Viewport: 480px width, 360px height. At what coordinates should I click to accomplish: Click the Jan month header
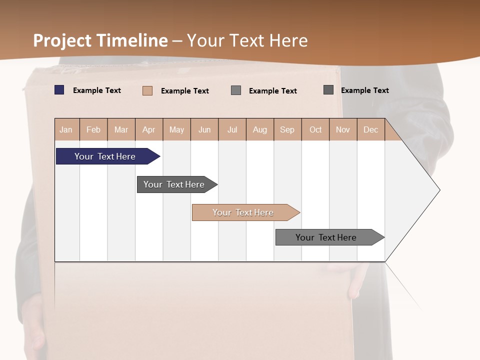tap(66, 129)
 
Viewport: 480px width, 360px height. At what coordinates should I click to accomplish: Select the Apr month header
tap(149, 129)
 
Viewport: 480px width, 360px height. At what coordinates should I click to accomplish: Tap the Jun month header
tap(204, 129)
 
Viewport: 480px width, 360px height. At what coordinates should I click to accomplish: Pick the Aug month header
tap(260, 129)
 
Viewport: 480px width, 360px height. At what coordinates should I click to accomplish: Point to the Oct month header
tap(315, 129)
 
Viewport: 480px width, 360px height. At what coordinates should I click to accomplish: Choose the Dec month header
tap(371, 129)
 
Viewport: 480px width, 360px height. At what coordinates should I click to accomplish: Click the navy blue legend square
tap(59, 90)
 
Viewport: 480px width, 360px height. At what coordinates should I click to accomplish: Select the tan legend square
tap(147, 90)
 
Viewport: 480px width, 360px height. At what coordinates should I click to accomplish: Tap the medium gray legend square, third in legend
tap(236, 90)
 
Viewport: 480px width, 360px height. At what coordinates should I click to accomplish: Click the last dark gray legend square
tap(328, 89)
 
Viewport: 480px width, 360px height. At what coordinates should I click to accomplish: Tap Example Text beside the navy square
tap(97, 90)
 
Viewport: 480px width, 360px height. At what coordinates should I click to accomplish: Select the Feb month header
tap(93, 129)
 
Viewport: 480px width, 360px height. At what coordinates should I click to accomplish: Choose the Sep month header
tap(287, 129)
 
